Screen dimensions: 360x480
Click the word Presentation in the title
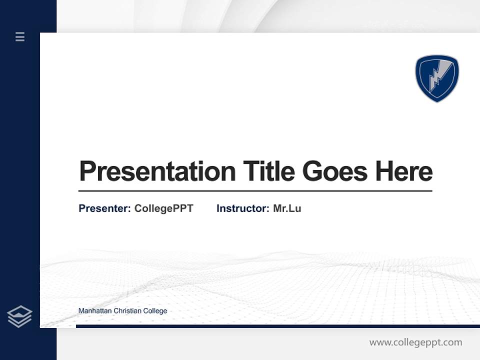click(x=157, y=171)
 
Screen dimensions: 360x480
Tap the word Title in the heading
click(x=269, y=171)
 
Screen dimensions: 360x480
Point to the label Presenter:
click(x=104, y=208)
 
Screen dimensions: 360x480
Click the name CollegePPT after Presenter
click(x=163, y=208)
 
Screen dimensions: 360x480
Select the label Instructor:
click(x=242, y=208)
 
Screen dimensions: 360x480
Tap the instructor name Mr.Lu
click(x=287, y=208)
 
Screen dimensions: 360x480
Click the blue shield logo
click(x=437, y=78)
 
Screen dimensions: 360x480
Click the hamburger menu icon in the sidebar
click(x=20, y=36)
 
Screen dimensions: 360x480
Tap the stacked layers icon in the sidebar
click(x=19, y=316)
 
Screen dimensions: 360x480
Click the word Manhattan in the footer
click(x=95, y=311)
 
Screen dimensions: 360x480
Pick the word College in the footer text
click(x=155, y=311)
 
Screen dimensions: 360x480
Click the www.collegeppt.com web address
click(x=415, y=342)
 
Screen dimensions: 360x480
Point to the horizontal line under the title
click(x=255, y=191)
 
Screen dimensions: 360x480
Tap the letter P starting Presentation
click(x=87, y=171)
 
